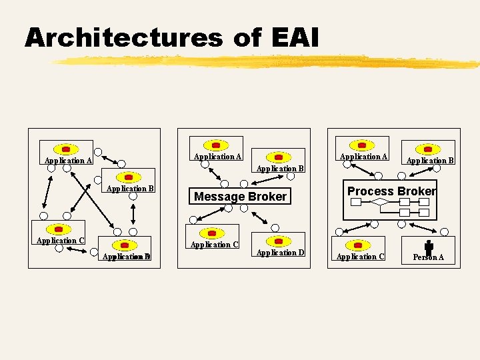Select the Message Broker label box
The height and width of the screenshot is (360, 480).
click(240, 197)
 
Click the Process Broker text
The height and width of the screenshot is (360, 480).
click(391, 191)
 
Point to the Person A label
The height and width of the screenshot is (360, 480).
click(428, 257)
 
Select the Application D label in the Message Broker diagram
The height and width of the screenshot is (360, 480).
click(280, 253)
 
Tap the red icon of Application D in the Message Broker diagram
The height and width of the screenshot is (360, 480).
click(279, 241)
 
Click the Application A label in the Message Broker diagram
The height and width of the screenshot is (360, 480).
click(217, 157)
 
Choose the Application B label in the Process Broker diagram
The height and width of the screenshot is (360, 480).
click(430, 161)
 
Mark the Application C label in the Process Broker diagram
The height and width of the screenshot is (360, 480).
click(360, 257)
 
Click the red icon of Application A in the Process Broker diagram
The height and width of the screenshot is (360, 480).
click(362, 145)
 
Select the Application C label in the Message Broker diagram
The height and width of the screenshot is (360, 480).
click(215, 245)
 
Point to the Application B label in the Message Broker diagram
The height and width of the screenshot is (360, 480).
click(280, 169)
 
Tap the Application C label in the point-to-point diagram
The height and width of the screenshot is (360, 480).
click(60, 241)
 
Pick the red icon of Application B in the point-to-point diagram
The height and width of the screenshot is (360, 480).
click(129, 177)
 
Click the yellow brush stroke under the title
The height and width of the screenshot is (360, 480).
click(267, 63)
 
